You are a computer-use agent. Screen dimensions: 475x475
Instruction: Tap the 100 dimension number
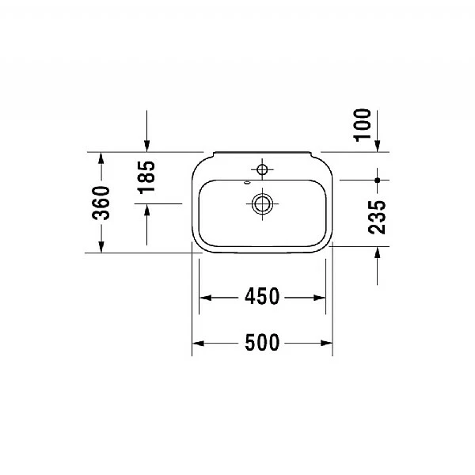tap(363, 126)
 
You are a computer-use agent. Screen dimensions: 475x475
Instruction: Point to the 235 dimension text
tap(378, 216)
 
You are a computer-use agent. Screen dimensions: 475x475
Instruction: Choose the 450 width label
tap(262, 298)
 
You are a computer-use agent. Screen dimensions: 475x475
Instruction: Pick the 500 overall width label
tap(262, 343)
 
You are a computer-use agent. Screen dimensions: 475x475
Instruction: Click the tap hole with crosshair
tap(262, 169)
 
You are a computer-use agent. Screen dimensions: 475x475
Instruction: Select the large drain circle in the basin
tap(262, 203)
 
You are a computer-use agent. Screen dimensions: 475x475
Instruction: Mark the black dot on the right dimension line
tap(378, 180)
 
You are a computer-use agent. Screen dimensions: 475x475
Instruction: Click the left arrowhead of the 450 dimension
tap(203, 298)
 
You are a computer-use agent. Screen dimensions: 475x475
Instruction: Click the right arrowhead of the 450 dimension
tap(321, 298)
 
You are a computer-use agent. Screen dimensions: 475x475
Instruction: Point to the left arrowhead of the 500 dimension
tap(199, 343)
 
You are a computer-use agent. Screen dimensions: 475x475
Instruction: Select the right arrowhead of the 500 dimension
tap(326, 343)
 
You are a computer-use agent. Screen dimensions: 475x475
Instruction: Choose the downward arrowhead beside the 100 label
tap(378, 145)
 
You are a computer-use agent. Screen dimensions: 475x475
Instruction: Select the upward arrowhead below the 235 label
tap(378, 253)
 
